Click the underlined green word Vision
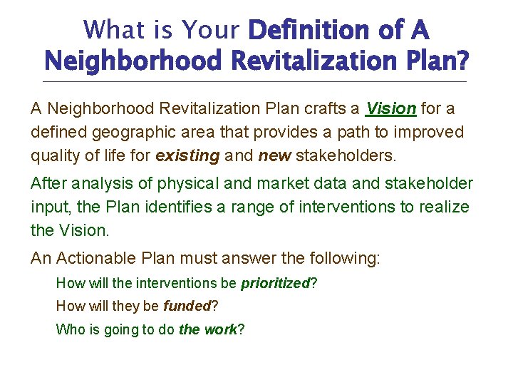click(x=391, y=109)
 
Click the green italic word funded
click(x=187, y=307)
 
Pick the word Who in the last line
click(x=69, y=329)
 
